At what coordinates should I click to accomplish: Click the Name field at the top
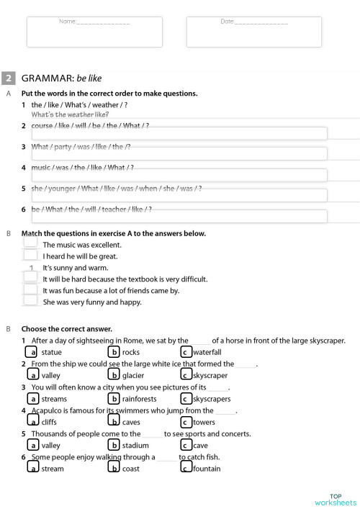(x=94, y=32)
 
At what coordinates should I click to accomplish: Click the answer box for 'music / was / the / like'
(x=179, y=175)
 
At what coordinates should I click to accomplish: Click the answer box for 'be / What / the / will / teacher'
(x=179, y=216)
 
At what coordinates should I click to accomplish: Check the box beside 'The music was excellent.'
(x=30, y=244)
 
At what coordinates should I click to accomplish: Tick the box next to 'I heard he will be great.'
(x=30, y=256)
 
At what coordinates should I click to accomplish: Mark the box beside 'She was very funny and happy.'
(x=30, y=302)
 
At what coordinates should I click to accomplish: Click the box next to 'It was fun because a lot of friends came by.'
(x=30, y=290)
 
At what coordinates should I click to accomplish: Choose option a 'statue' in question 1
(x=32, y=352)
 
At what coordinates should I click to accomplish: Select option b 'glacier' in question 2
(x=113, y=375)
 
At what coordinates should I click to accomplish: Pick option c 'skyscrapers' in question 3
(x=186, y=398)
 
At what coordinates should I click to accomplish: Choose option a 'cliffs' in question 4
(x=32, y=421)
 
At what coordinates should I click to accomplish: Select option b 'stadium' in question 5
(x=113, y=445)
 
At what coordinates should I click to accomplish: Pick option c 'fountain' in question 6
(x=186, y=468)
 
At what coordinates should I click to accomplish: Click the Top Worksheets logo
(x=336, y=499)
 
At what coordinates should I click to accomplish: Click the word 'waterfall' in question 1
(x=207, y=352)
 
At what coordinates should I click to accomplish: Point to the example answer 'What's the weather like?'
(x=70, y=114)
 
